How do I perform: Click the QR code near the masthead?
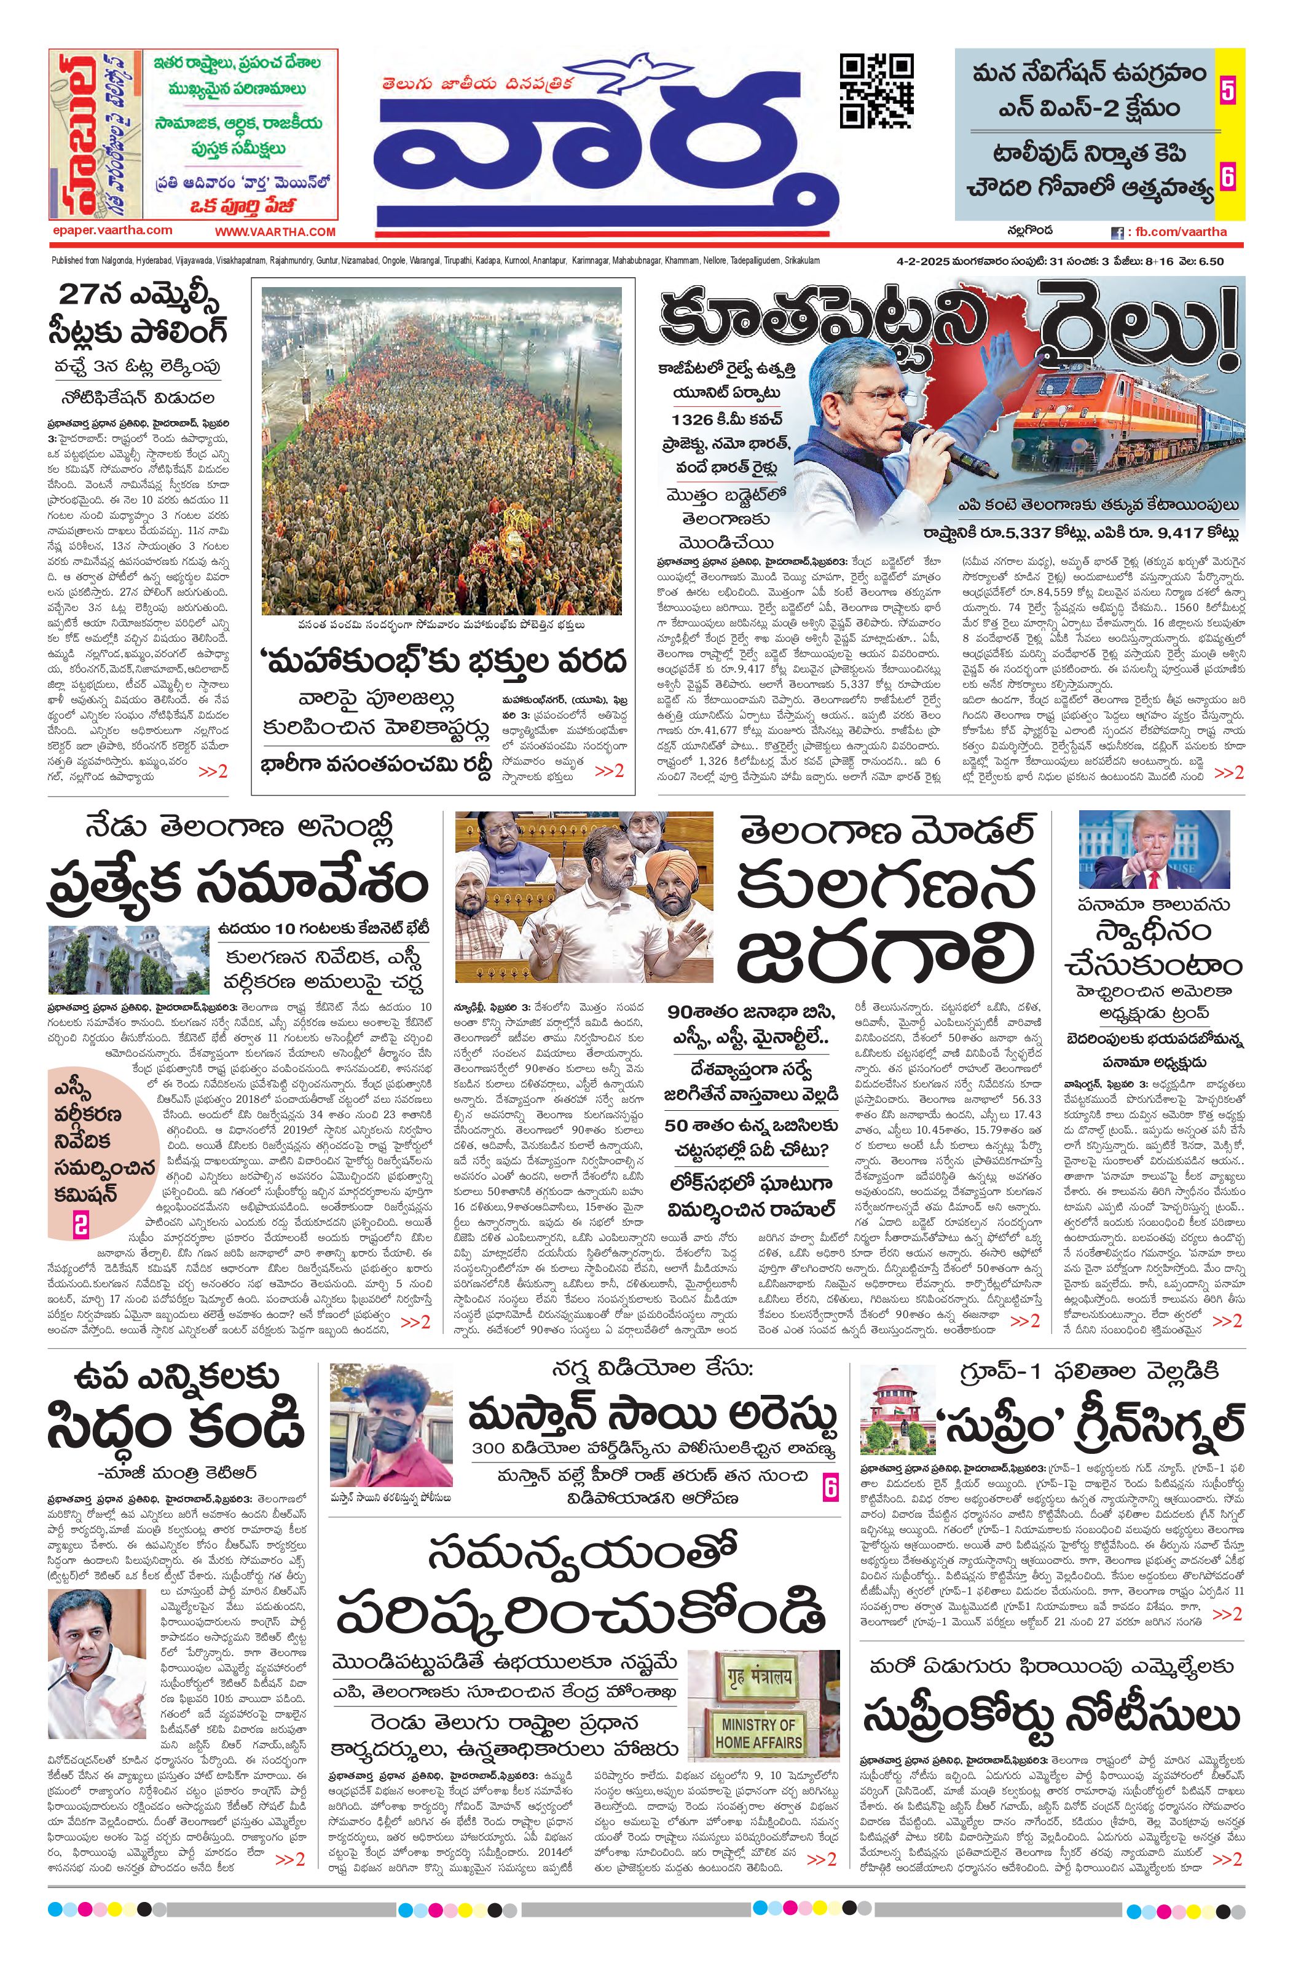[877, 90]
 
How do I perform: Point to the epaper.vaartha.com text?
[112, 231]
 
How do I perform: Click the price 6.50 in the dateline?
[1209, 261]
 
